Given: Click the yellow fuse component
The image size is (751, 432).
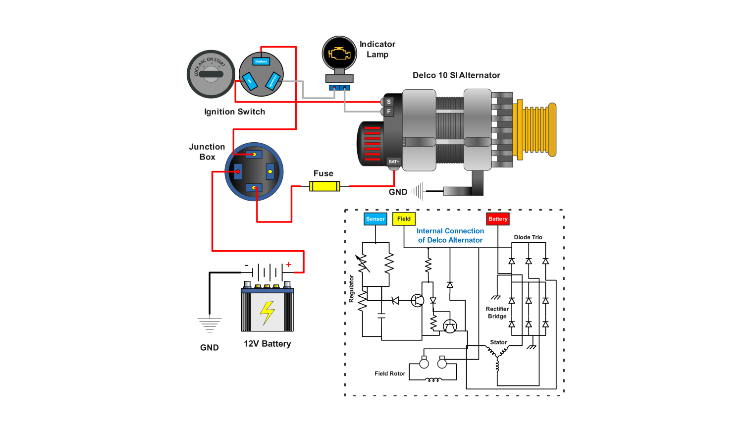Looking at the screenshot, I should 324,186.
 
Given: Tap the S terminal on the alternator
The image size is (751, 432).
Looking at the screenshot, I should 389,102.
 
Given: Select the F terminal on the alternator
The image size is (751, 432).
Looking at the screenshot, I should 389,111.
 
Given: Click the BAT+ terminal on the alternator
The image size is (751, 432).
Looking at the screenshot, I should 393,162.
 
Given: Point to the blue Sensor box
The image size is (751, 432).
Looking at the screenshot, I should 375,219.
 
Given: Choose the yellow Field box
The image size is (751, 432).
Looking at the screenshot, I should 404,219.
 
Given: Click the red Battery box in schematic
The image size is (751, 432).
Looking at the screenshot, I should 498,219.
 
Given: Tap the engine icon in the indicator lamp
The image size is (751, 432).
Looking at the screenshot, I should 339,53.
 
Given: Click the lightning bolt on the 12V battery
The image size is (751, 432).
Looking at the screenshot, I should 268,313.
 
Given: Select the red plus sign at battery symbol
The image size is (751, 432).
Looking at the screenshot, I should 288,265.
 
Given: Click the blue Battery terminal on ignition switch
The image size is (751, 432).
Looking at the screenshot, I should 261,61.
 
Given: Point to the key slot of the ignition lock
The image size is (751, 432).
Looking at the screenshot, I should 211,74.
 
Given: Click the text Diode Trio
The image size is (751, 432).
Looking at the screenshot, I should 528,237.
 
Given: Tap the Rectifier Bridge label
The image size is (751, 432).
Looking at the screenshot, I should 497,313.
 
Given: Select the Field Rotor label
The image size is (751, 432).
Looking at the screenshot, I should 389,374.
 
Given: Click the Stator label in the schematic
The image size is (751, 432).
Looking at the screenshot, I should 498,342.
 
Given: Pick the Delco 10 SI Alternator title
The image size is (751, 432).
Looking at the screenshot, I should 456,75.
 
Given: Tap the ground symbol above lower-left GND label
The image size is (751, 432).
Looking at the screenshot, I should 209,325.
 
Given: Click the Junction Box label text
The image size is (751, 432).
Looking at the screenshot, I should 207,152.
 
